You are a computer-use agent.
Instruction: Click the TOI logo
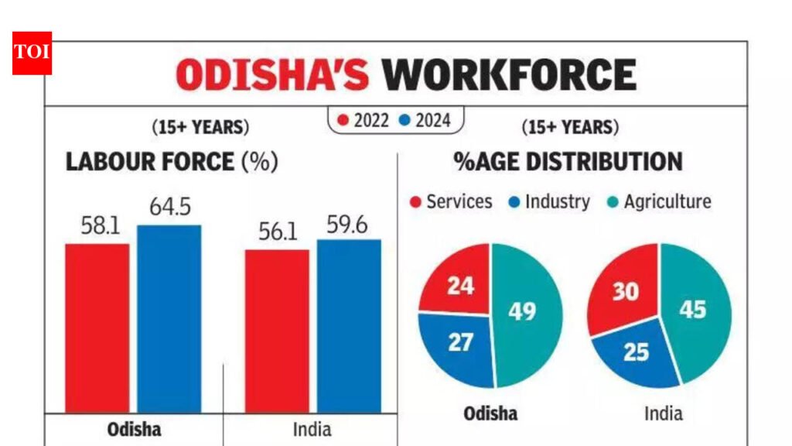pos(32,53)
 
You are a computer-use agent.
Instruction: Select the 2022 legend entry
pos(364,120)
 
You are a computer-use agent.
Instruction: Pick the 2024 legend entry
pos(425,120)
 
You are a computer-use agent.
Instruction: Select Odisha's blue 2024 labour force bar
pos(169,318)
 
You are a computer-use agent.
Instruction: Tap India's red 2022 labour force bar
pos(277,331)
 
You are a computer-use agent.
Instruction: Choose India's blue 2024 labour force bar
pos(349,325)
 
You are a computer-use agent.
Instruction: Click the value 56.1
pos(277,232)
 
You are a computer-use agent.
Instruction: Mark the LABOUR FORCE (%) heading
pos(171,162)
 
